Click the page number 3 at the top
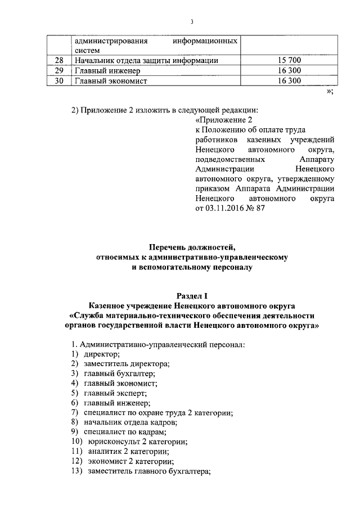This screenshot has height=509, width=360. [191, 22]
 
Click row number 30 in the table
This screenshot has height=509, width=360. [59, 81]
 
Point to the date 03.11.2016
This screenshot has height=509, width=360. [223, 209]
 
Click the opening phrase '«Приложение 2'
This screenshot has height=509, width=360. [222, 120]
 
